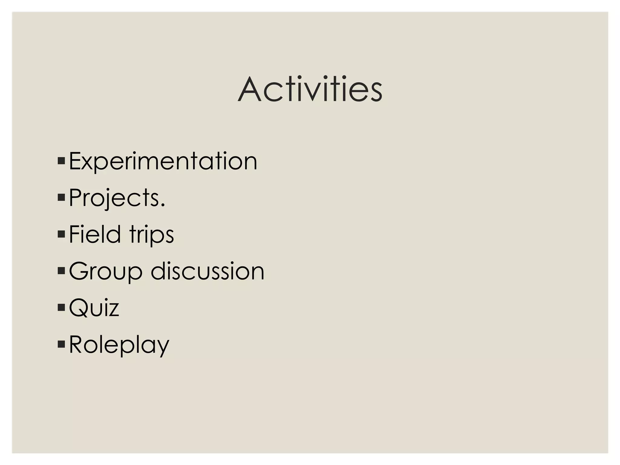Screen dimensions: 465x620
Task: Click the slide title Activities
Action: coord(310,90)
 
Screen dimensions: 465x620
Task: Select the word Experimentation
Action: coord(163,161)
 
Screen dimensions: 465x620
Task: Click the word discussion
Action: coord(208,271)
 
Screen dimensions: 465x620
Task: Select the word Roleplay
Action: coord(119,345)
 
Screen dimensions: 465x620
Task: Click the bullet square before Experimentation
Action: coord(61,160)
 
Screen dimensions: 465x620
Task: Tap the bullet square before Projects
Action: coord(61,197)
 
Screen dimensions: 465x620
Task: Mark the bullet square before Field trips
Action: coord(61,234)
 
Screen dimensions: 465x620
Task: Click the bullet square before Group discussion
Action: coord(61,271)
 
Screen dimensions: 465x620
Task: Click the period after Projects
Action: coord(163,205)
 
